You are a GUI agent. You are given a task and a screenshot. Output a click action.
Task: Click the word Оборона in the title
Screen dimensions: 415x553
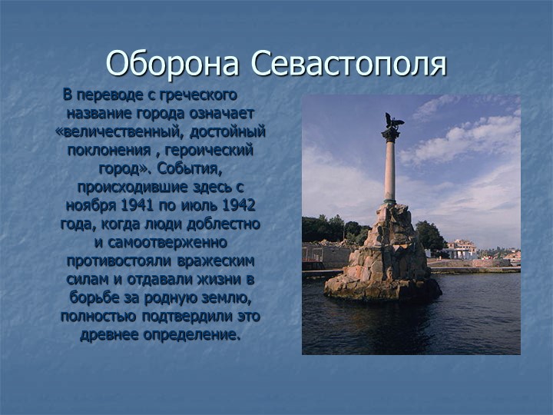[x=174, y=64]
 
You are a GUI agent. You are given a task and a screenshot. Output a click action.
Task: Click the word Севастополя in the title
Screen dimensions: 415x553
[x=349, y=64]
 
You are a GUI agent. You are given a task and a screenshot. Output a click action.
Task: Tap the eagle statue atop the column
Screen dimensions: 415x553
[x=392, y=120]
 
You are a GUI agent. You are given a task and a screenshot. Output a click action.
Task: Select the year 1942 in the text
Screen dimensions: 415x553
[x=238, y=206]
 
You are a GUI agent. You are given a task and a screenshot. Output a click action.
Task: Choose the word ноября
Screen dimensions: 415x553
[x=88, y=206]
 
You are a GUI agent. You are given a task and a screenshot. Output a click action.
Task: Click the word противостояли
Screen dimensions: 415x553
[x=115, y=261]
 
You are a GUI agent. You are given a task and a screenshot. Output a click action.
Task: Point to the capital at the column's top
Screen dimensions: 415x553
[x=390, y=134]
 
